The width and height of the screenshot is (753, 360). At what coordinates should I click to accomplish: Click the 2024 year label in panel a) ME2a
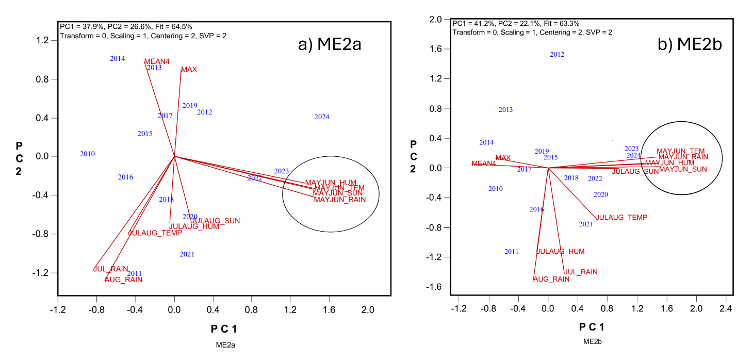tap(322, 117)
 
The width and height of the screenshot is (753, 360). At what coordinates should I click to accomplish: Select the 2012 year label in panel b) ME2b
tap(557, 55)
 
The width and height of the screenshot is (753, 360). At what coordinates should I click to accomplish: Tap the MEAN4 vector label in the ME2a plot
tap(157, 61)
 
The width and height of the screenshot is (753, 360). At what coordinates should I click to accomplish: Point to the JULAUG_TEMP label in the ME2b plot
tap(621, 218)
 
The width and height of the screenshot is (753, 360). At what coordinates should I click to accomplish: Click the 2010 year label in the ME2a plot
tap(87, 154)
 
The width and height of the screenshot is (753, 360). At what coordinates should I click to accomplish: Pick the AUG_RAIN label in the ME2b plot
tap(551, 279)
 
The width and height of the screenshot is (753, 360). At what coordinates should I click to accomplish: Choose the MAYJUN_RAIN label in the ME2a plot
tap(340, 200)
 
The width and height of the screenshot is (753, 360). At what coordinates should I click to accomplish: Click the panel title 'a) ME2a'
tap(330, 45)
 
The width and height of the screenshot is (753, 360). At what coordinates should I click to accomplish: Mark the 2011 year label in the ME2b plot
tap(511, 252)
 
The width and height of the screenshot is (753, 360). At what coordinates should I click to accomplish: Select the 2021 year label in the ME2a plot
tap(187, 254)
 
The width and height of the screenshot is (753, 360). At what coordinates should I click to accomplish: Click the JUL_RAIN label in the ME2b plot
tap(581, 272)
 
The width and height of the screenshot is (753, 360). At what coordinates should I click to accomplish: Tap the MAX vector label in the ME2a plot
tap(189, 70)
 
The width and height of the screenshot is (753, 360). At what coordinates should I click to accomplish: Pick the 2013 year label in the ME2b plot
tap(505, 110)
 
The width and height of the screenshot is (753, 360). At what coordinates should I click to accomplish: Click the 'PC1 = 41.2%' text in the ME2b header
tap(471, 24)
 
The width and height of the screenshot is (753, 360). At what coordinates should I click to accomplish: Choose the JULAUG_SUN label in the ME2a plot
tap(216, 221)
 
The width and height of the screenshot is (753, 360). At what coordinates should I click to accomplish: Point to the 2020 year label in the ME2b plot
tap(600, 194)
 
